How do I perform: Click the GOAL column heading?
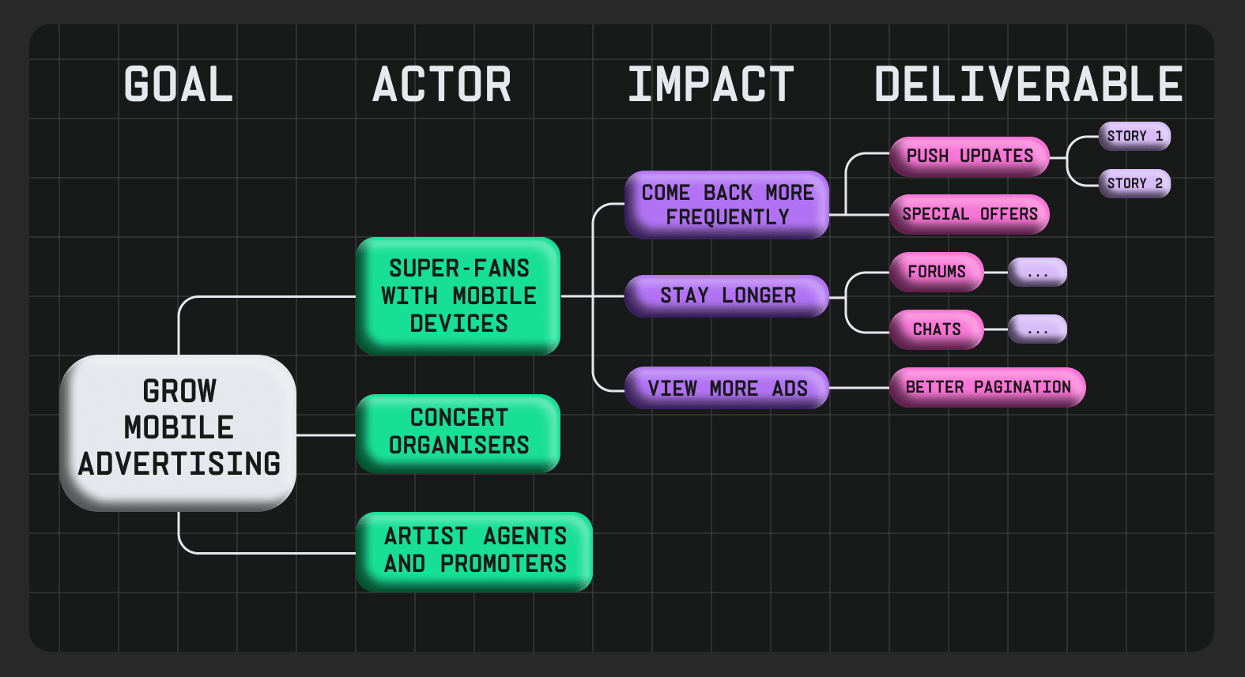click(x=179, y=85)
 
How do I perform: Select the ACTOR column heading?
click(x=442, y=85)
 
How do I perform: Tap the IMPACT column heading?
click(x=711, y=85)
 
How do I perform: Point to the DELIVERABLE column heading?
click(x=1028, y=85)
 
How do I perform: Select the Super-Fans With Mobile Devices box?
click(x=458, y=295)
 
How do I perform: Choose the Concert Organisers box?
click(x=458, y=433)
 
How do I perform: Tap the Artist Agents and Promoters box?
click(x=474, y=551)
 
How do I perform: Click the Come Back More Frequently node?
click(x=726, y=205)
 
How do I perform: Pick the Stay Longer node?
click(x=726, y=295)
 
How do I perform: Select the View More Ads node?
click(x=726, y=388)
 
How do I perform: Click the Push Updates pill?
click(x=969, y=156)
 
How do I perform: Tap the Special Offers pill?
click(x=969, y=214)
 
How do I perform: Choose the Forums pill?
click(x=937, y=272)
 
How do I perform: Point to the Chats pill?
click(x=937, y=329)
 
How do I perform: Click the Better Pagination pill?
click(x=987, y=387)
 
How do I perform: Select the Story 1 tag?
click(x=1134, y=136)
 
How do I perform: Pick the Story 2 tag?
click(x=1134, y=183)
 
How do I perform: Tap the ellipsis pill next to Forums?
click(x=1037, y=273)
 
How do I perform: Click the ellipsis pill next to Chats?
click(x=1037, y=329)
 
